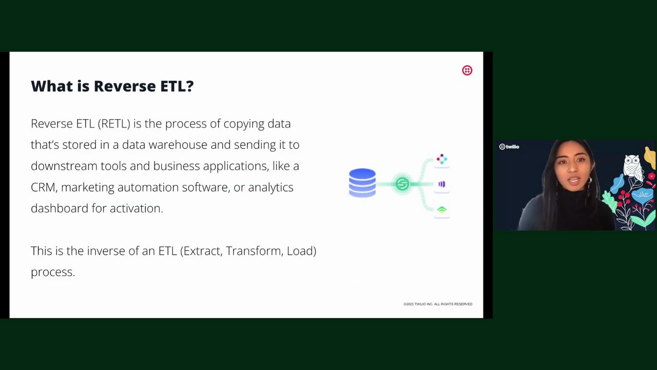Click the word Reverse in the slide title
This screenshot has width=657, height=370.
[x=125, y=86]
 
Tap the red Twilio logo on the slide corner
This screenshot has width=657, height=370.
[x=467, y=70]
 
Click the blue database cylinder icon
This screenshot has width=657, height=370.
[x=362, y=182]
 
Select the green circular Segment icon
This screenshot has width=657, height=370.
[x=402, y=184]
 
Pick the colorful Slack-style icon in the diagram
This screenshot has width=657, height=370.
[x=442, y=159]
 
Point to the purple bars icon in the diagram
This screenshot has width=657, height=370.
[x=442, y=184]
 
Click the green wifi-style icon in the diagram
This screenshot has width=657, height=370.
[x=442, y=210]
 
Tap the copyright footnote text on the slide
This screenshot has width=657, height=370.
[x=438, y=304]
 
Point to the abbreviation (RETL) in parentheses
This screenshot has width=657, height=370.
[x=114, y=124]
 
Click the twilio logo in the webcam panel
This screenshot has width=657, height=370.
[x=509, y=146]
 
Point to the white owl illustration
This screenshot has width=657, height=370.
[x=633, y=168]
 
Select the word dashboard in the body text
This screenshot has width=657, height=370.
[x=60, y=209]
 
